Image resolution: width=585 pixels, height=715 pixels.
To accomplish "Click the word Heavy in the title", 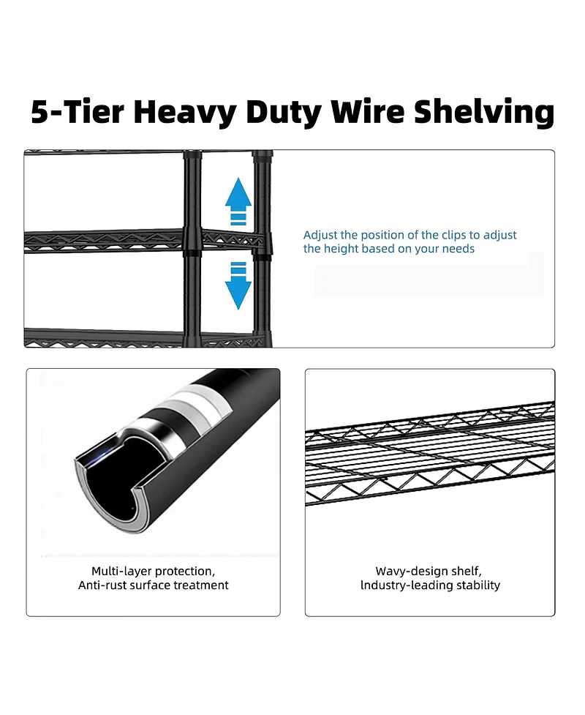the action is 186,112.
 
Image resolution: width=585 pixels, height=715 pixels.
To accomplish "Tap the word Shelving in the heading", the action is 484,112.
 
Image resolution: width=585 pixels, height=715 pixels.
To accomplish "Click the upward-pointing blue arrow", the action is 238,201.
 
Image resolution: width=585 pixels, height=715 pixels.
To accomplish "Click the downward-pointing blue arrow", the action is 238,285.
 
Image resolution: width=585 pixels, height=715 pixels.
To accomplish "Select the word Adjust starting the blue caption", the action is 320,236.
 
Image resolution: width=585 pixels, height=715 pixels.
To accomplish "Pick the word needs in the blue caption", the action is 460,249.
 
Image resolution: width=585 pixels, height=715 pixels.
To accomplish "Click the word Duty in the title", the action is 284,112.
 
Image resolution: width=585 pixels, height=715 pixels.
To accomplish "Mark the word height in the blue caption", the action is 339,249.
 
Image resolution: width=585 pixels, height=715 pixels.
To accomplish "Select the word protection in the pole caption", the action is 186,572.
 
